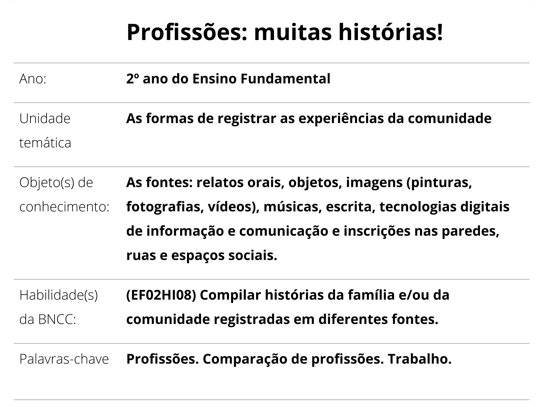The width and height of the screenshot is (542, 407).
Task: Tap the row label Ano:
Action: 33,79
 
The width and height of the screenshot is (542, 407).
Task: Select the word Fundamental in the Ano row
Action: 285,79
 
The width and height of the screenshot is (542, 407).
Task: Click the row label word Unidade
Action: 45,119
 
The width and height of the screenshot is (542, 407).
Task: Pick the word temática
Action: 45,143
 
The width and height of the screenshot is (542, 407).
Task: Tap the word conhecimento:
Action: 64,207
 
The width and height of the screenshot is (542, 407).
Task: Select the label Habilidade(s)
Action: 59,295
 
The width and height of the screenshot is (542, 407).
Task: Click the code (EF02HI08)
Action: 161,295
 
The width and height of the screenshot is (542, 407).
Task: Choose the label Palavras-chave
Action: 64,359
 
